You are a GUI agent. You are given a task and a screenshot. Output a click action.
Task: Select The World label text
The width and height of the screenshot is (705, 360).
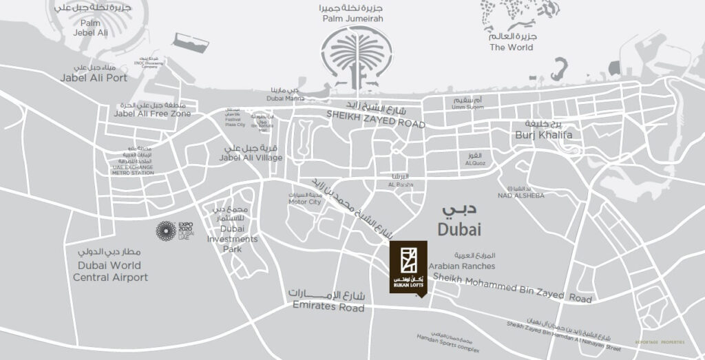(511, 47)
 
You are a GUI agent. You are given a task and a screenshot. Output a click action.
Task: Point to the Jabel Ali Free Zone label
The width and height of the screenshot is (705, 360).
(152, 114)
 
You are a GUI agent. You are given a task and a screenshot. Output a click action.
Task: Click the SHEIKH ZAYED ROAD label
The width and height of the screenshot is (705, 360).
(375, 123)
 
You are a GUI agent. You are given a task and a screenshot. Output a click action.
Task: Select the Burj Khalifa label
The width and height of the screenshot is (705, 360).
(543, 135)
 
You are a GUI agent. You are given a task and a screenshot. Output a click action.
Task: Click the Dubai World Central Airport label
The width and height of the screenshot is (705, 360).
(109, 271)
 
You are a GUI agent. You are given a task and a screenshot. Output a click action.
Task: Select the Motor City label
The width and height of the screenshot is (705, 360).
(305, 202)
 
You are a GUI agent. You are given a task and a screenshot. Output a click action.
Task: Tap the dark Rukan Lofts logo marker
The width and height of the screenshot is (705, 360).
(408, 267)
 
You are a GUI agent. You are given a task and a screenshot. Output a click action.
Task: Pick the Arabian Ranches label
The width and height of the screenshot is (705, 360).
(461, 266)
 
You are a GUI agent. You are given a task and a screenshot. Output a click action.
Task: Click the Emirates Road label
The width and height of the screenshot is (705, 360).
(328, 308)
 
